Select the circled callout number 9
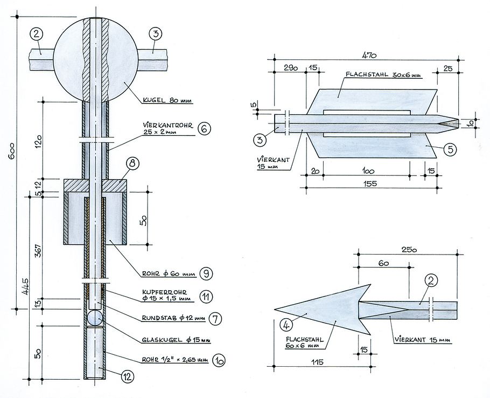pyautogui.click(x=205, y=273)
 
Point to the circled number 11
pyautogui.click(x=205, y=296)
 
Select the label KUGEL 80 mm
pyautogui.click(x=167, y=100)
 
